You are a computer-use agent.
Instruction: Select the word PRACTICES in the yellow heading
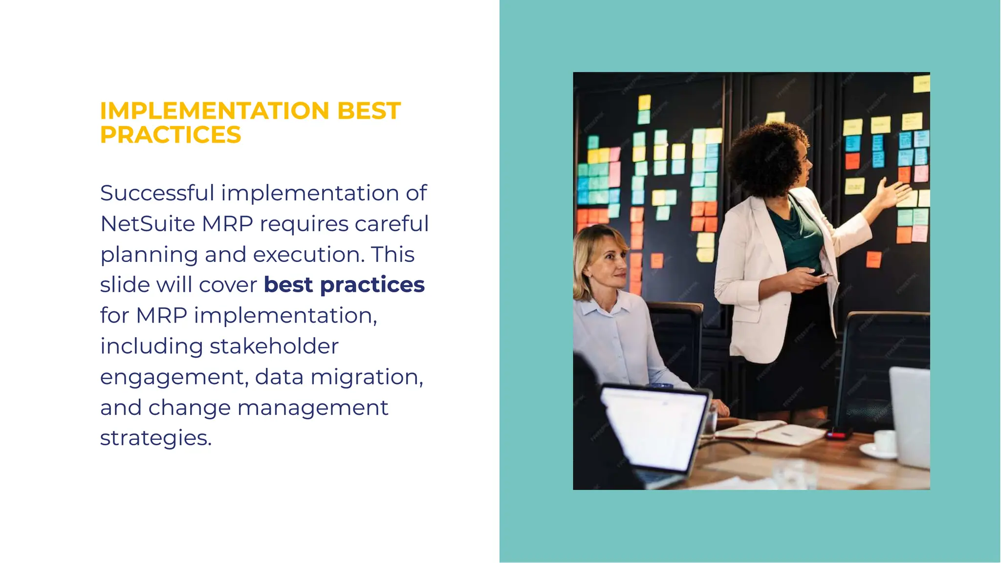pyautogui.click(x=171, y=135)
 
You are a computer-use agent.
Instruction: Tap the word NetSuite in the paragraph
pyautogui.click(x=147, y=224)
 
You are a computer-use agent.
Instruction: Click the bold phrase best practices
pyautogui.click(x=344, y=285)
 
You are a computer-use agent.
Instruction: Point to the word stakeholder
pyautogui.click(x=274, y=346)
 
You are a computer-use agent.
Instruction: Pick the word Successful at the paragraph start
pyautogui.click(x=157, y=193)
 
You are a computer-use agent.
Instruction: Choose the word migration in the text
pyautogui.click(x=367, y=377)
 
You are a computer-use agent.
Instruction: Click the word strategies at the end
pyautogui.click(x=155, y=438)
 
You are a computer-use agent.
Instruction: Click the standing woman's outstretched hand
pyautogui.click(x=892, y=193)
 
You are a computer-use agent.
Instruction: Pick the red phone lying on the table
pyautogui.click(x=839, y=433)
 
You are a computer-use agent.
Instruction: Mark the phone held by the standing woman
pyautogui.click(x=824, y=276)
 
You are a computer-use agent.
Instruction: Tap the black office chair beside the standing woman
pyautogui.click(x=880, y=362)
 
